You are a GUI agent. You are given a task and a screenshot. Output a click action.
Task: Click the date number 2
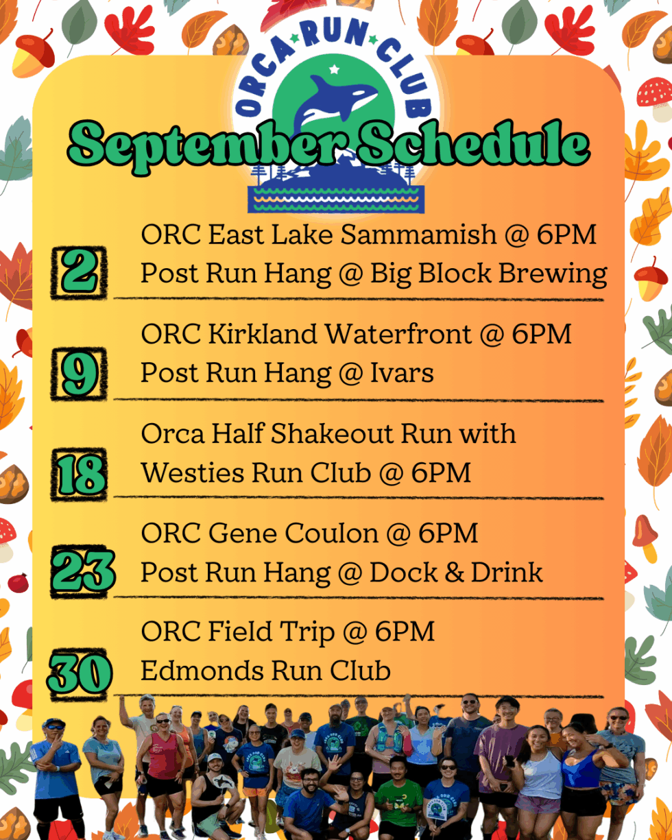coord(79,272)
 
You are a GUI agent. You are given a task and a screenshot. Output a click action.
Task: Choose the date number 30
coord(80,673)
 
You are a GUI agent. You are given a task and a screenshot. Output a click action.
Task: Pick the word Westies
coord(187,472)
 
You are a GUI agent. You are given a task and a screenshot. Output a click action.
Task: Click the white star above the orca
coord(334,69)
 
